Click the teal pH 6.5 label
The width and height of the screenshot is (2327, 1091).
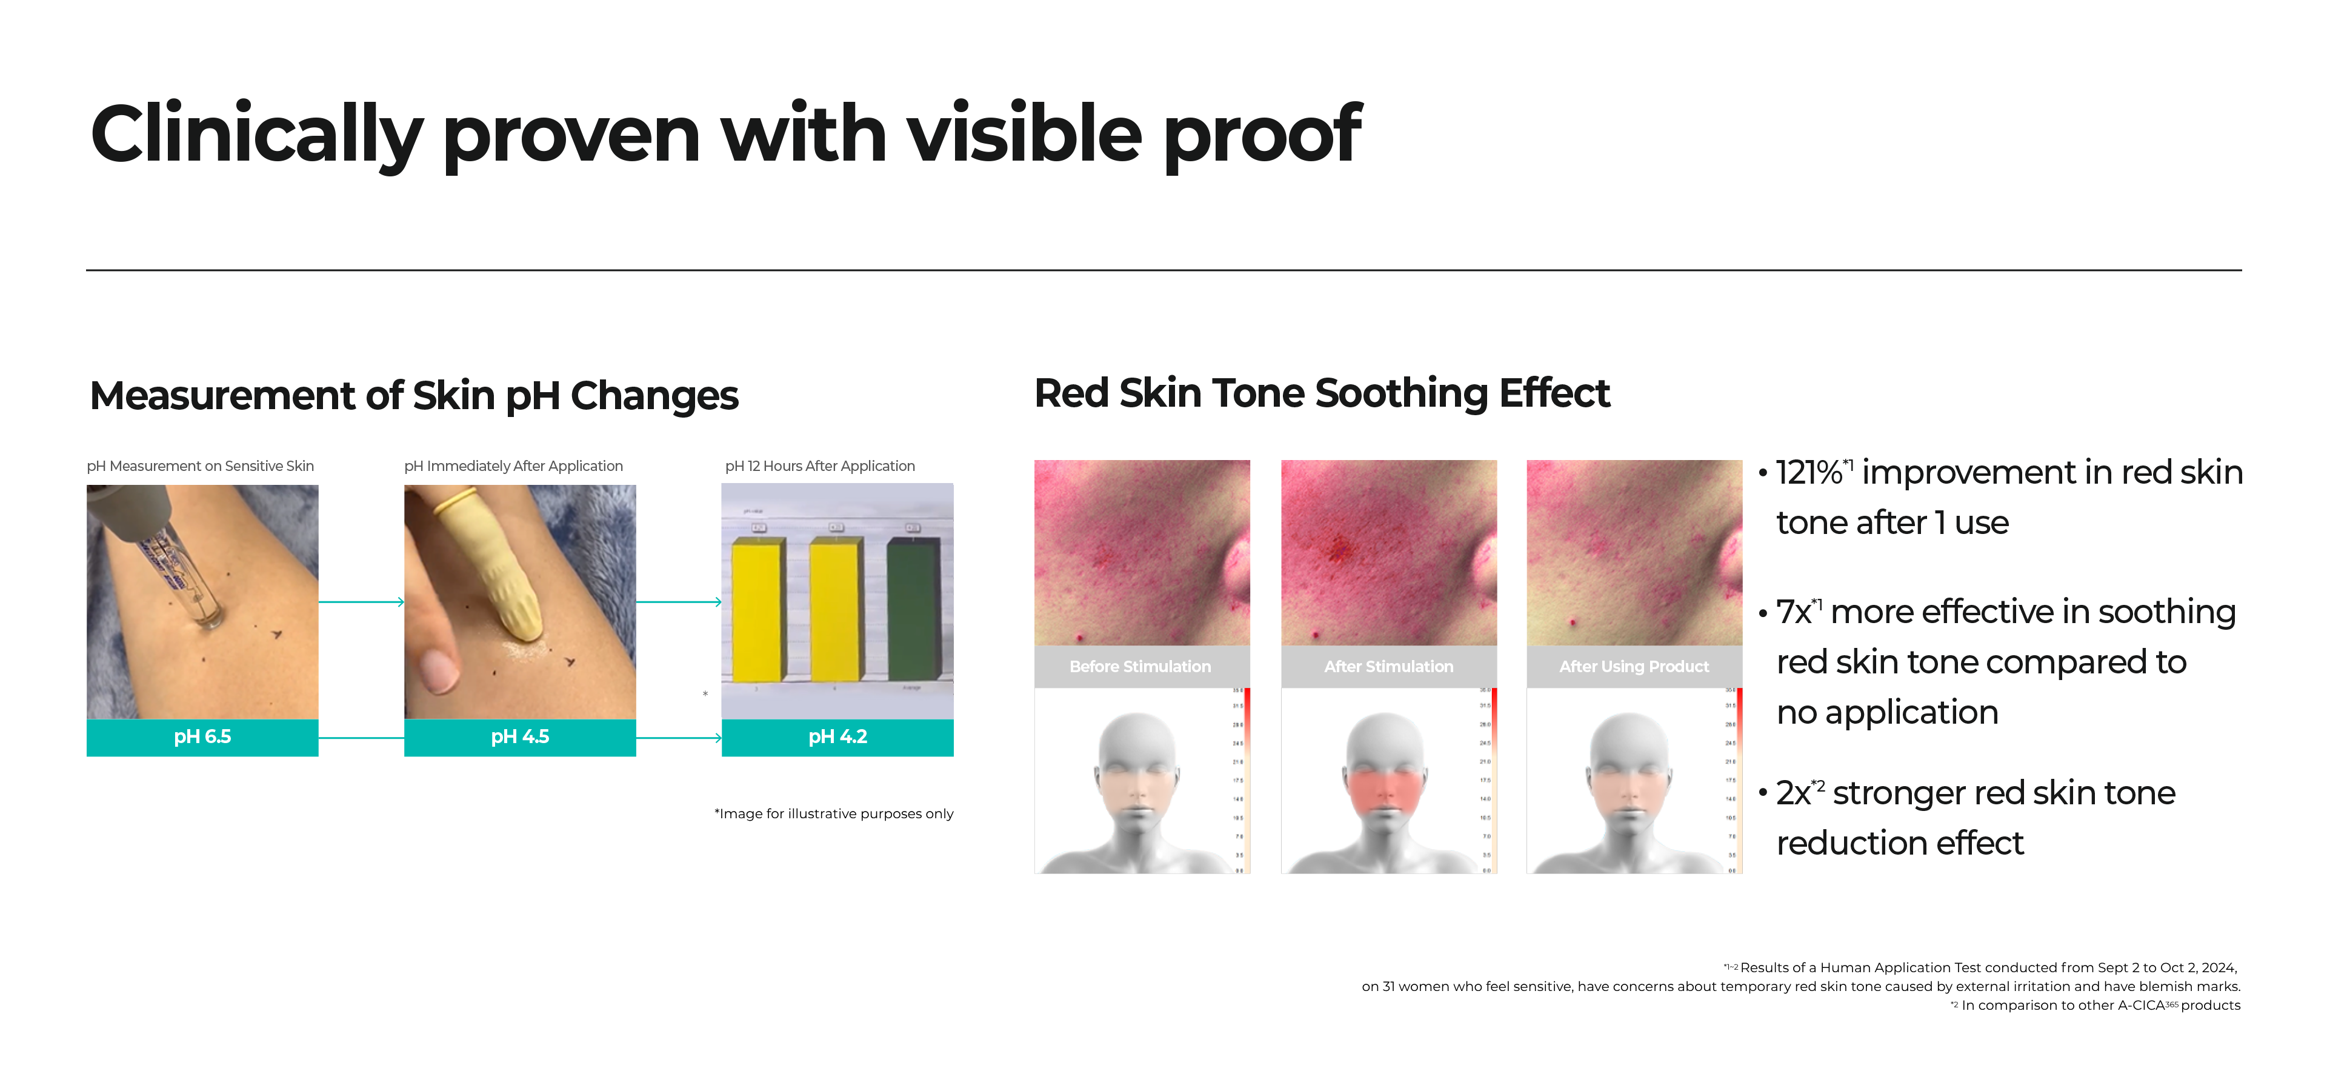coord(202,737)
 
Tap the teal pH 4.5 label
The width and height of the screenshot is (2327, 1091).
coord(519,737)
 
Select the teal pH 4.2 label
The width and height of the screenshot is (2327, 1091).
coord(837,737)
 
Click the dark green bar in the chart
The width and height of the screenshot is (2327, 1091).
coord(914,610)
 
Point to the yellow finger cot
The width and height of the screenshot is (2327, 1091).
coord(492,560)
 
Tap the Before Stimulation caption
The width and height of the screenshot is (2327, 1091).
coord(1140,667)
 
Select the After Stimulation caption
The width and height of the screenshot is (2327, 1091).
coord(1388,667)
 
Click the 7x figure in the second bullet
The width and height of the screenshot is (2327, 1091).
coord(1794,612)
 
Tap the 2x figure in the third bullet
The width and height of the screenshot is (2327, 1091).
coord(1794,793)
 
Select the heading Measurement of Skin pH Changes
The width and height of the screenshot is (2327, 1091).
coord(414,396)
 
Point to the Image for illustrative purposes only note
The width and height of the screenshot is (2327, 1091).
coord(834,814)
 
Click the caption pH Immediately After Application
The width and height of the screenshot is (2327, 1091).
coord(513,466)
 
